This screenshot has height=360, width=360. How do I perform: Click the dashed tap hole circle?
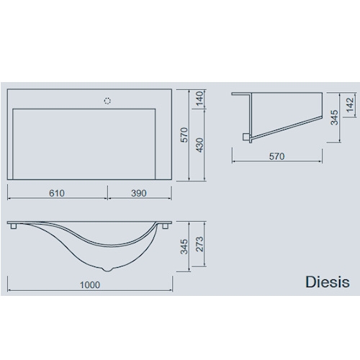coord(107,101)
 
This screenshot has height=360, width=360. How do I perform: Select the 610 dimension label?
coord(57,193)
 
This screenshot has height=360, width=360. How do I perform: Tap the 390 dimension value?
coord(139,193)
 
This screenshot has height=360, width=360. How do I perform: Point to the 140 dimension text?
coord(199,99)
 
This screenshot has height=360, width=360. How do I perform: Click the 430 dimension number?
coord(199,145)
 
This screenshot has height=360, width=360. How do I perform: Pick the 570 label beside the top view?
coord(184,135)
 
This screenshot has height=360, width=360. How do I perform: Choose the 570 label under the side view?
coord(276,156)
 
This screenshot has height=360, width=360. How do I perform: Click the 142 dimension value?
coord(350,104)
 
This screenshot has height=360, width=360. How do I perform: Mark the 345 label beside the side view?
coord(334,117)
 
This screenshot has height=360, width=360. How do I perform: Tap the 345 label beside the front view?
coord(184,246)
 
